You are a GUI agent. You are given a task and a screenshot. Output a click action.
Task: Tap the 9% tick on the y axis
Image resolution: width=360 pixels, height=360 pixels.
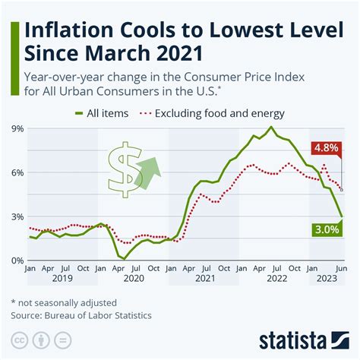[17, 128]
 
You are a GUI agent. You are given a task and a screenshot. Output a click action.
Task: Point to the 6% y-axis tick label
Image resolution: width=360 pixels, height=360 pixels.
[17, 172]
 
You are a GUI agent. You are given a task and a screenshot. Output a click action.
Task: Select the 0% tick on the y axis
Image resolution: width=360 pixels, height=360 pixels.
[17, 261]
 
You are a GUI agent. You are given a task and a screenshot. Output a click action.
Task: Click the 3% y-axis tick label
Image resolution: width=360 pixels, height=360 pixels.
[17, 216]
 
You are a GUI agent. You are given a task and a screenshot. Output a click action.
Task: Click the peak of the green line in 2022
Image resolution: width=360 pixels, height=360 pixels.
[272, 127]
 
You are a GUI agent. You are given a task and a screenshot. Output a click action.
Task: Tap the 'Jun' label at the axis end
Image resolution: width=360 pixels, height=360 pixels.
[341, 269]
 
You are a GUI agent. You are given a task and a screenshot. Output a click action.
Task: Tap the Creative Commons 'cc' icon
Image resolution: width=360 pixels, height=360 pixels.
[18, 339]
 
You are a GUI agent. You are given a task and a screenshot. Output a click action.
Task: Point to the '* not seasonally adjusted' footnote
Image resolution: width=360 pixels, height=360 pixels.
[63, 302]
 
